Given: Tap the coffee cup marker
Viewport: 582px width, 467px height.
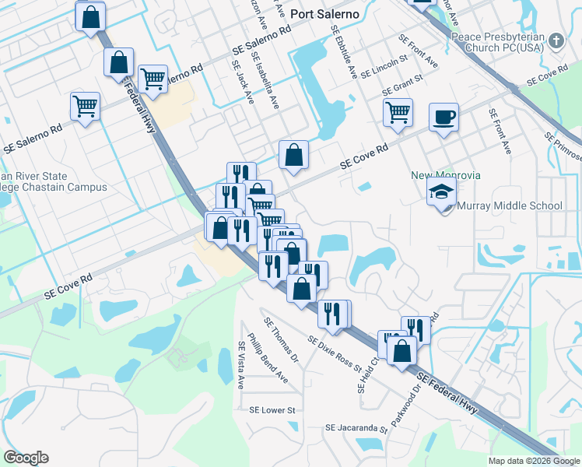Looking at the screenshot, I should (x=444, y=118).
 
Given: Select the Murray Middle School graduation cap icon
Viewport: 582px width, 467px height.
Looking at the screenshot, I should (x=441, y=191).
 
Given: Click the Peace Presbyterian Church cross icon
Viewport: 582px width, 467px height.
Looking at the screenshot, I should (x=556, y=40).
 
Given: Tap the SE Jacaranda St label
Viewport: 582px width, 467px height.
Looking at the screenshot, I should (x=356, y=428).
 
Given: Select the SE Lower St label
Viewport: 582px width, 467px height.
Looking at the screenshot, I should (x=272, y=409).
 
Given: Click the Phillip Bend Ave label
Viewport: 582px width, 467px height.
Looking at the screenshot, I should (x=268, y=359).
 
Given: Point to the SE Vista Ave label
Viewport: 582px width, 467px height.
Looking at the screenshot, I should (x=241, y=365).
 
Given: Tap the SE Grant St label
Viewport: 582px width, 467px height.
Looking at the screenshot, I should (x=401, y=81).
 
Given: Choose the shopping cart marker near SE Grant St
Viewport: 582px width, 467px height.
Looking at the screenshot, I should (x=398, y=113).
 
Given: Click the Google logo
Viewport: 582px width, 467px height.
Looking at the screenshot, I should (x=26, y=458).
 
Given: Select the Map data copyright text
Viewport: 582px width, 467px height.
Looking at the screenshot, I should (x=534, y=461).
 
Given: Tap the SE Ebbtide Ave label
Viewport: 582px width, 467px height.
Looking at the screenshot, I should (x=343, y=51).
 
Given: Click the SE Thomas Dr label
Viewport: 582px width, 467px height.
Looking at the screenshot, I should (x=281, y=339).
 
